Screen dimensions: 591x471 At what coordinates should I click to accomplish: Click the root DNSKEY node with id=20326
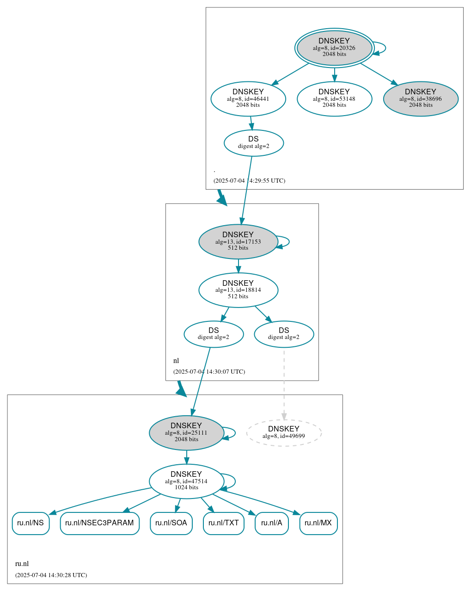(x=334, y=48)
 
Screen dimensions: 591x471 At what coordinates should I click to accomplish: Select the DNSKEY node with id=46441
(x=248, y=98)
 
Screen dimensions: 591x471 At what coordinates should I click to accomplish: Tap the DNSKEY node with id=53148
(x=334, y=98)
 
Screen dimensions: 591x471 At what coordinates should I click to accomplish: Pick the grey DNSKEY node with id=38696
(x=421, y=98)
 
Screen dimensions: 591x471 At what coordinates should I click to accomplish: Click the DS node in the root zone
(x=253, y=143)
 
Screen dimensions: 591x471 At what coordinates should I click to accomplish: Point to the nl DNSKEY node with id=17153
(x=238, y=241)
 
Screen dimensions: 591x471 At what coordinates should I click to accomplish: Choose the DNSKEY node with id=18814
(x=238, y=290)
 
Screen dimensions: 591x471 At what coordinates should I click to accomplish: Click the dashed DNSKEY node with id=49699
(x=284, y=433)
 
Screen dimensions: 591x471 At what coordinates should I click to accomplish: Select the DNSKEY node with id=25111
(x=186, y=433)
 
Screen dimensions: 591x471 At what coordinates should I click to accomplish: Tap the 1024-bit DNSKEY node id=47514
(x=186, y=481)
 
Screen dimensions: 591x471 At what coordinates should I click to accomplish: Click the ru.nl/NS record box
(x=31, y=523)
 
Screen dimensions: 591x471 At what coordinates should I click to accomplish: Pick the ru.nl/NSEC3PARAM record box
(x=99, y=523)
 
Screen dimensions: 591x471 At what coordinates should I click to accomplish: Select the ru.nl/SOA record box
(x=171, y=523)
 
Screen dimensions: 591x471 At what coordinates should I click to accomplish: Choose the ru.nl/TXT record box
(x=223, y=523)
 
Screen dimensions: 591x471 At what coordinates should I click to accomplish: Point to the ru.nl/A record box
(x=271, y=523)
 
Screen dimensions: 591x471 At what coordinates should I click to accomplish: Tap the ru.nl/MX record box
(x=318, y=523)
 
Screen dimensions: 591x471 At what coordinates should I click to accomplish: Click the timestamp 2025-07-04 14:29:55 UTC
(x=249, y=181)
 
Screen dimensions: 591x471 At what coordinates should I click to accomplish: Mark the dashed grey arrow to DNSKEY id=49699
(x=284, y=384)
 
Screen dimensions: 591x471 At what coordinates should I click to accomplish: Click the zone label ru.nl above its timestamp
(x=22, y=564)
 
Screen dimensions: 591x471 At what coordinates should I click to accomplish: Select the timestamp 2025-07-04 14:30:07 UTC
(x=209, y=372)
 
